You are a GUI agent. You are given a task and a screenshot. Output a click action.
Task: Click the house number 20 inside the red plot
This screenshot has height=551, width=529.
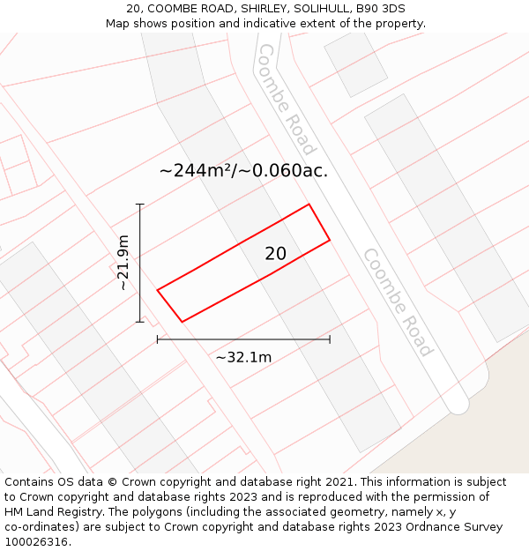click(275, 254)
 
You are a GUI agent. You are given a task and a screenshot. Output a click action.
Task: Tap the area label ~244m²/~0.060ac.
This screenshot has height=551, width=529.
click(243, 171)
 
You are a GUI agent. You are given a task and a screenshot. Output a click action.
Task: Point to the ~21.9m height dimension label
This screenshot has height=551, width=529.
click(123, 263)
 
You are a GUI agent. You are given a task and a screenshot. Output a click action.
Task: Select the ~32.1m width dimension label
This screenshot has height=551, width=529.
click(243, 357)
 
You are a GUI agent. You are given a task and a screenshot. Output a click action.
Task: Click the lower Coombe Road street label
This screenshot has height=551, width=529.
click(398, 302)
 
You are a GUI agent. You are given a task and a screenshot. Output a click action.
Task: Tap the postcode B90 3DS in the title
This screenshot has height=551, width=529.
click(381, 9)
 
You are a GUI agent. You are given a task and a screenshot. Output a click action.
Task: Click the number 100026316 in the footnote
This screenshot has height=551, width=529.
click(35, 542)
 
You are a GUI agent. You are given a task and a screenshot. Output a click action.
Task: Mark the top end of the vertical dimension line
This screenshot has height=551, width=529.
click(139, 205)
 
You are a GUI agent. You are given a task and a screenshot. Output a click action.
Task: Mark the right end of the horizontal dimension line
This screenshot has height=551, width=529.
click(330, 339)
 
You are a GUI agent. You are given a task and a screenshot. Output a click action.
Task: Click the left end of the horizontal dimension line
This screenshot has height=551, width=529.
click(158, 339)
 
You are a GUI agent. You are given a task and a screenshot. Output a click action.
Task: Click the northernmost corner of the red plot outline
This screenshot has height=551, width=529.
click(309, 205)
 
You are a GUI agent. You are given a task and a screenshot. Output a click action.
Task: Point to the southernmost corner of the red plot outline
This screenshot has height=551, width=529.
click(182, 322)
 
